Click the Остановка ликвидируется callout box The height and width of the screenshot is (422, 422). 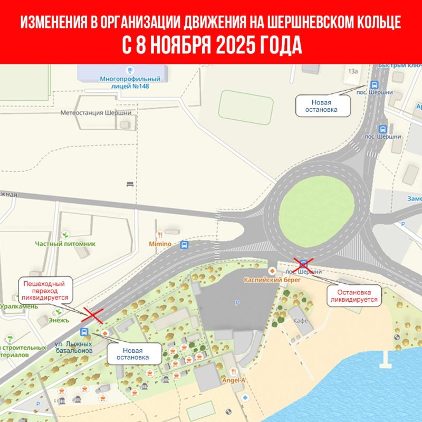click(354, 295)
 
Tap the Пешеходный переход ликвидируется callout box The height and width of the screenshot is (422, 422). click(46, 291)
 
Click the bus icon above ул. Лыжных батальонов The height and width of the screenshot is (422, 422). click(84, 332)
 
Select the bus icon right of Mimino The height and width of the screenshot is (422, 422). click(184, 245)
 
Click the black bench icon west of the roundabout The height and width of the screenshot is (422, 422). click(130, 184)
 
